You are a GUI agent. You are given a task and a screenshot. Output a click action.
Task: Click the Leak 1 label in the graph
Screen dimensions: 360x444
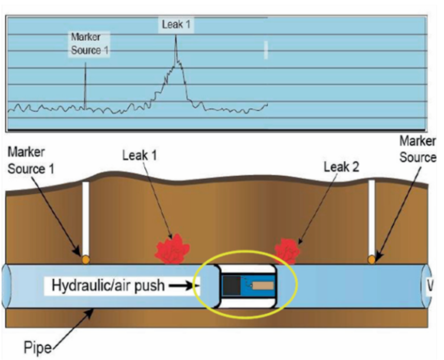click(x=176, y=25)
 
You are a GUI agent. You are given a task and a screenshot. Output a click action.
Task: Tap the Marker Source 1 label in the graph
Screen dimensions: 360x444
click(x=89, y=44)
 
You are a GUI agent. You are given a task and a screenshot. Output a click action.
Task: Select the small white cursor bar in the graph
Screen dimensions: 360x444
click(x=266, y=50)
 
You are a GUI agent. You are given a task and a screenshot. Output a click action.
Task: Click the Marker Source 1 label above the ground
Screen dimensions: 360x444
click(x=31, y=161)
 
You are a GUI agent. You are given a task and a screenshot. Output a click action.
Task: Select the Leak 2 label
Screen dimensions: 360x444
click(x=341, y=166)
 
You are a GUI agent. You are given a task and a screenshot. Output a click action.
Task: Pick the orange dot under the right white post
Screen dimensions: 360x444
click(x=371, y=259)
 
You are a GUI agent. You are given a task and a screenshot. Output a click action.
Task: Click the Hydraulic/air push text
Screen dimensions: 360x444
click(x=108, y=286)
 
